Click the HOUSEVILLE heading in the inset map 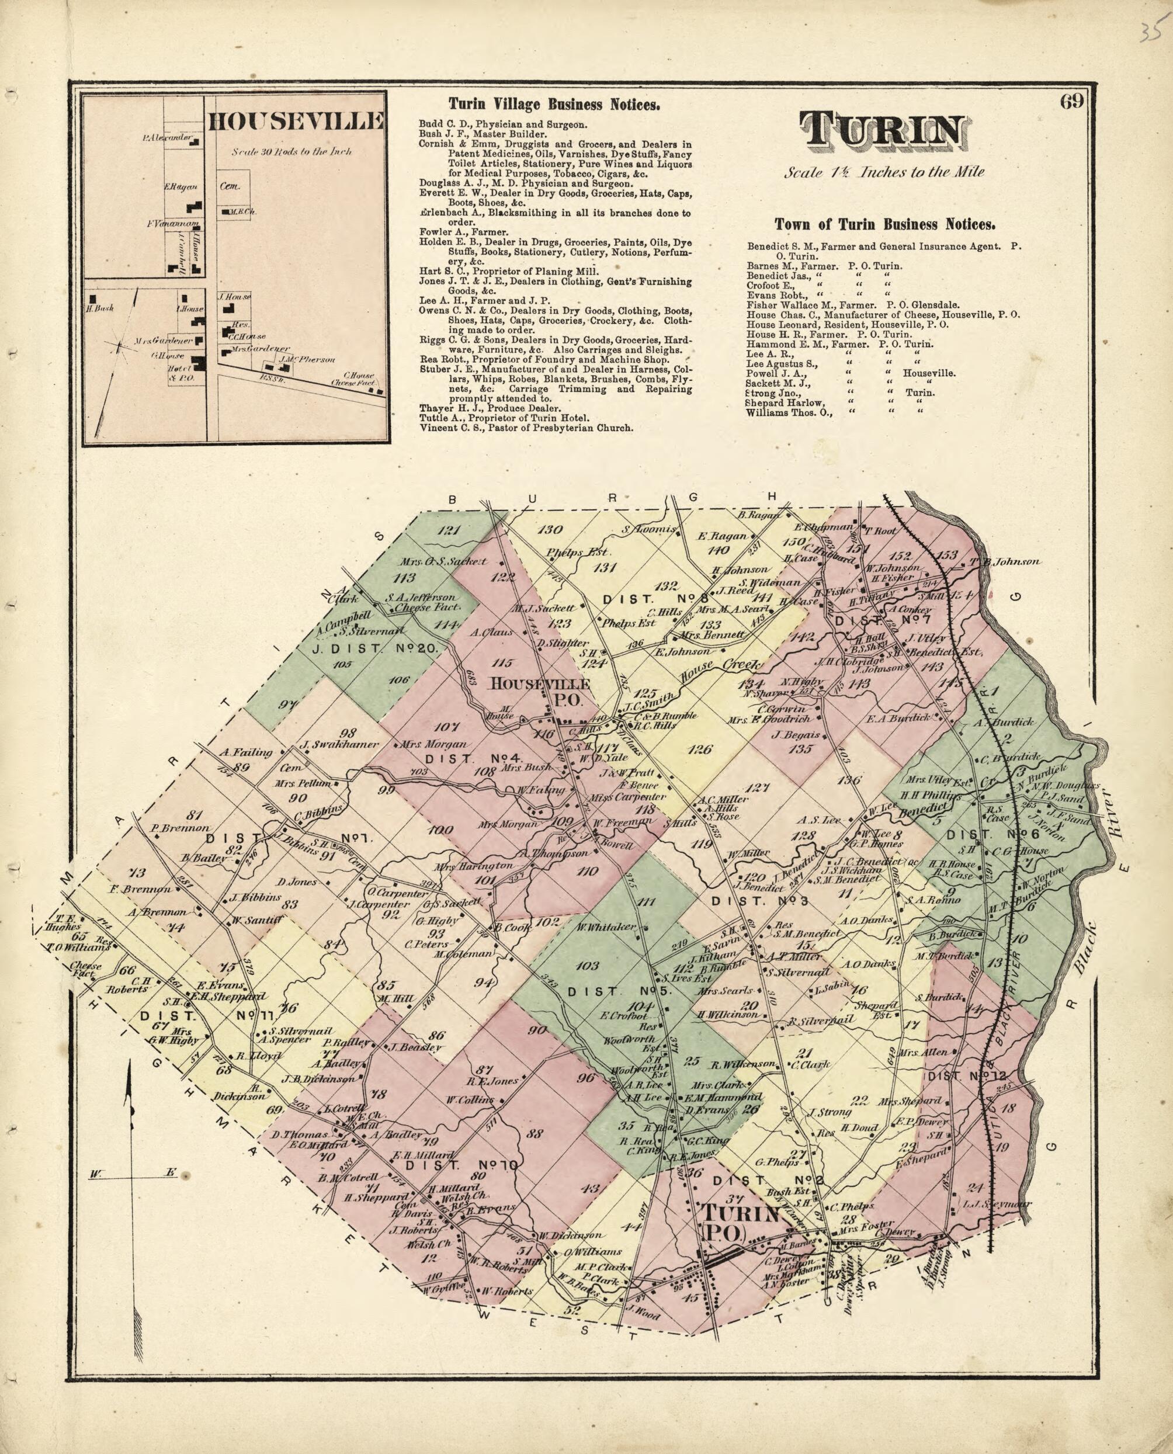295,122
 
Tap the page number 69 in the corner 1071,102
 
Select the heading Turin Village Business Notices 554,105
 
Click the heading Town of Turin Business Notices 884,224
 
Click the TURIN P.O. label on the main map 740,1224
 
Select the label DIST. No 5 617,991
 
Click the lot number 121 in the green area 448,530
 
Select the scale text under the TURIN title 884,172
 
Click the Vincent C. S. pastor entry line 526,428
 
